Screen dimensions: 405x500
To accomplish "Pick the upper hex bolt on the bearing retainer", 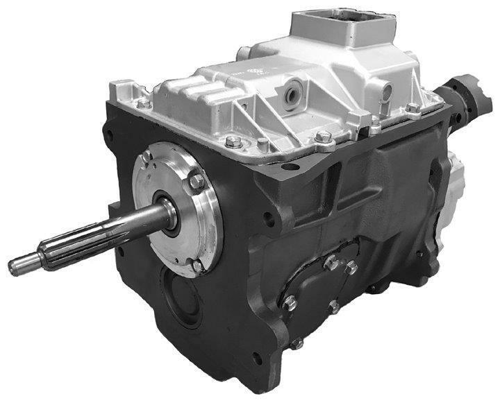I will coord(197,182).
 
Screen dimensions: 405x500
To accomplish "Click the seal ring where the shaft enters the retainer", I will coord(168,211).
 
